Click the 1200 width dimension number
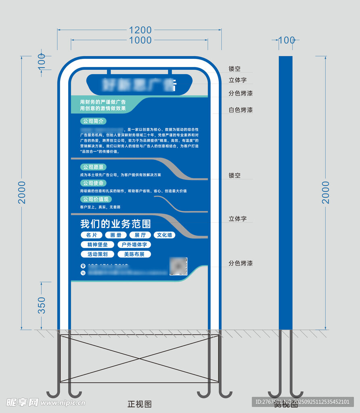[x=140, y=30]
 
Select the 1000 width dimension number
[x=140, y=40]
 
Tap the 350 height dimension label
[x=42, y=305]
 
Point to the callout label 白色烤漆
[x=241, y=110]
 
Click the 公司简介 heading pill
[x=93, y=121]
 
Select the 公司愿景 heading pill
[x=93, y=167]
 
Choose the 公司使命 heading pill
[x=93, y=183]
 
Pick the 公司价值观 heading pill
[x=96, y=199]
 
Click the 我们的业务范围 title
[x=115, y=224]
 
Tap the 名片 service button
[x=92, y=235]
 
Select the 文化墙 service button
[x=164, y=235]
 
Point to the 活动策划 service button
[x=97, y=254]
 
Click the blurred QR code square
[x=178, y=266]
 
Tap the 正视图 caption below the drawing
[x=139, y=404]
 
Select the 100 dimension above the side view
[x=287, y=40]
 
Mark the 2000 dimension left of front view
[x=22, y=192]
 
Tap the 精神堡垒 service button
[x=97, y=245]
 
